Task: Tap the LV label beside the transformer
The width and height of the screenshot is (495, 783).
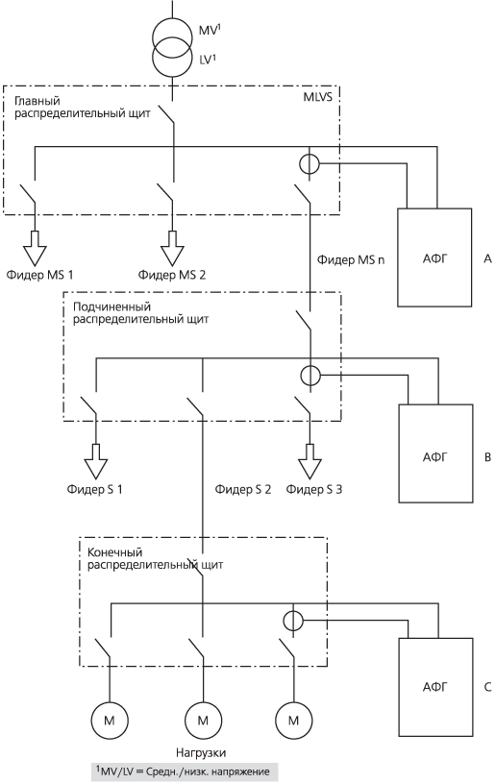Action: click(x=208, y=59)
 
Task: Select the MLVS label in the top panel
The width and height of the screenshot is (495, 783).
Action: click(x=317, y=96)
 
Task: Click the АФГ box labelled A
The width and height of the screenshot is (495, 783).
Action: click(x=434, y=257)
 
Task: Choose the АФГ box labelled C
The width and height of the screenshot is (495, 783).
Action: click(x=435, y=687)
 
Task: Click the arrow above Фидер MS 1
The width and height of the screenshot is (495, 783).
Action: click(x=35, y=248)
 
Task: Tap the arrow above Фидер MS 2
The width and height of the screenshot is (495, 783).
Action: click(x=173, y=248)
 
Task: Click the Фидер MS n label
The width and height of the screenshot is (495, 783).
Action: click(x=351, y=259)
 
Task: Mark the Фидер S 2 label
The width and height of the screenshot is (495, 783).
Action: click(x=243, y=489)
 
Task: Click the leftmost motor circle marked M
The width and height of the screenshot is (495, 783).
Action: click(x=109, y=721)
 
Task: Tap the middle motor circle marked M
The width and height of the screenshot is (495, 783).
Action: click(x=203, y=721)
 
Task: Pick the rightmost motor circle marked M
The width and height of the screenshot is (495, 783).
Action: click(x=294, y=721)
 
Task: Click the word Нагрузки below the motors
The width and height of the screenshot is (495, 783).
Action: click(x=201, y=752)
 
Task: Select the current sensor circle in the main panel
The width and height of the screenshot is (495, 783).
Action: click(x=309, y=163)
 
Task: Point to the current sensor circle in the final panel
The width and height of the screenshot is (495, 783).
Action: click(x=293, y=621)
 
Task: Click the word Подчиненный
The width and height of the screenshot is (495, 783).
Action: click(x=111, y=306)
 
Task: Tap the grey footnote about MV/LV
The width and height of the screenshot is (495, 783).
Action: click(x=184, y=771)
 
